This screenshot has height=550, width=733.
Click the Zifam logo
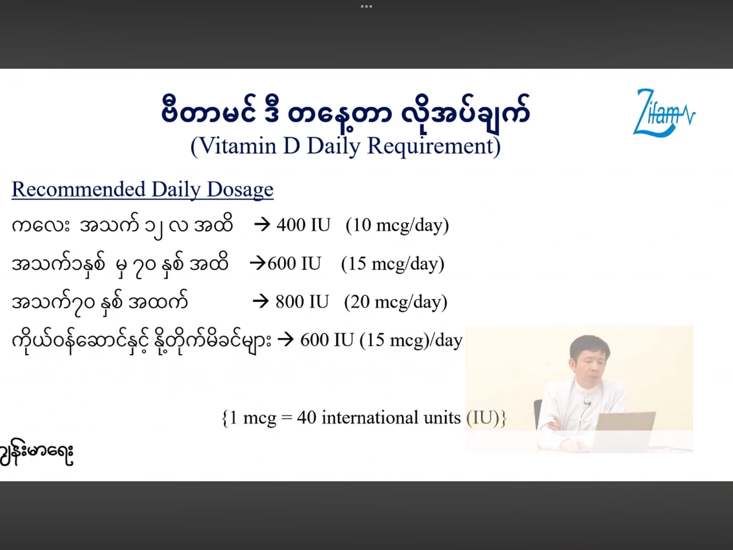point(664,113)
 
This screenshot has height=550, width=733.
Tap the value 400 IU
point(303,225)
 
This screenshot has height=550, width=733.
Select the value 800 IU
point(302,302)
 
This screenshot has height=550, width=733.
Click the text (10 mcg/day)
point(397,226)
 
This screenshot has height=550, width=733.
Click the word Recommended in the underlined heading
point(79,189)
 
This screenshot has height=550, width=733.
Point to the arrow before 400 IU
point(262,225)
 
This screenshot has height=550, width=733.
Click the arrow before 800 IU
point(261,302)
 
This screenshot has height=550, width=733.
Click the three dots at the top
point(366,6)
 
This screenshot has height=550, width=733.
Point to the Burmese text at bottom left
point(36,453)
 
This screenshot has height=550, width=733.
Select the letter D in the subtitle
point(292,146)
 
